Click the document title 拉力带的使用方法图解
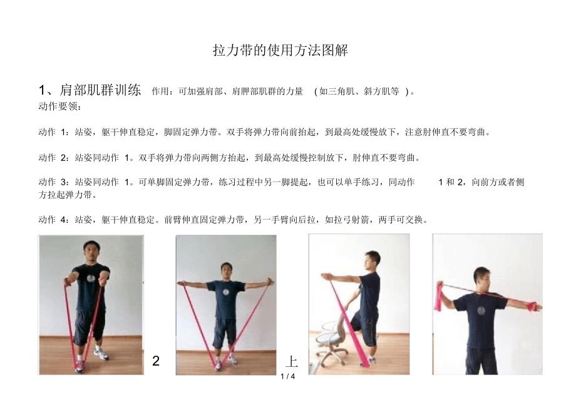coord(280,50)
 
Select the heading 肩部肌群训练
coord(100,90)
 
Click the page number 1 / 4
coord(287,376)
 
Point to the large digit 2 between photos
coord(156,361)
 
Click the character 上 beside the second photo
coord(292,361)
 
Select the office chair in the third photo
coord(331,343)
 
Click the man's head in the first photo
coord(91,252)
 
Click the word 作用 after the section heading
coord(160,91)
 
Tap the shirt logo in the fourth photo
coord(480,311)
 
